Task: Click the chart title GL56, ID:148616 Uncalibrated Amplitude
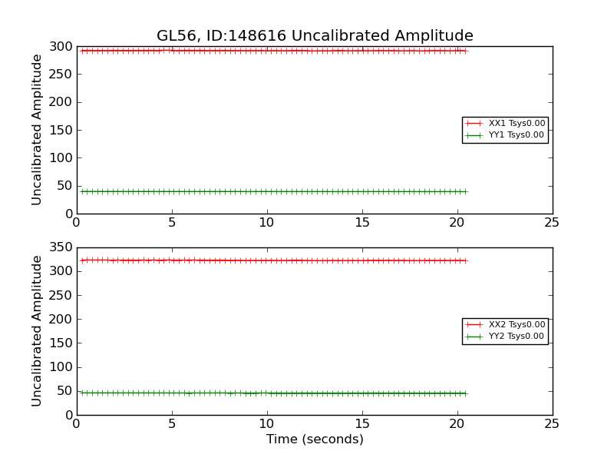point(315,36)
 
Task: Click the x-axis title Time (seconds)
point(315,439)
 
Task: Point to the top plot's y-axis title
point(37,129)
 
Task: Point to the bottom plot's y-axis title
point(37,330)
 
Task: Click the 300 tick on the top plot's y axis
point(61,47)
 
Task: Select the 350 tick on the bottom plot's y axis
point(61,248)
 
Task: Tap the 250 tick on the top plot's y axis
point(61,75)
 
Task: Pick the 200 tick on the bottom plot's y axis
point(61,320)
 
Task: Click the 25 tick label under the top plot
point(552,223)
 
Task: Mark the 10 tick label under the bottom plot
point(266,424)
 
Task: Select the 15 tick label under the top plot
point(361,223)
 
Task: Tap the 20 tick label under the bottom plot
point(457,424)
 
